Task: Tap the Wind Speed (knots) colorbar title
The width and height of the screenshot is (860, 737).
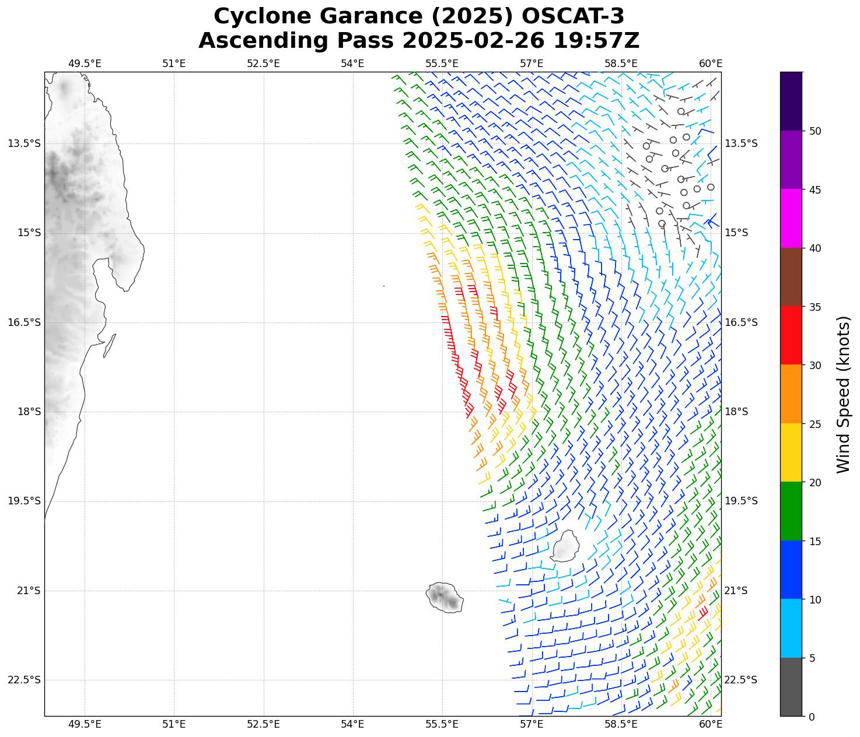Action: pos(843,394)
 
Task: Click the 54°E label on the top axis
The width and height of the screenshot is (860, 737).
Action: pos(352,64)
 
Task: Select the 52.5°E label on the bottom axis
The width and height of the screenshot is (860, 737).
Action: pos(263,724)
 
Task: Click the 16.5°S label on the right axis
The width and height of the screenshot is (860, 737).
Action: pos(741,322)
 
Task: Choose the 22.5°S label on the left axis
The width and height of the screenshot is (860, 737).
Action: pos(25,680)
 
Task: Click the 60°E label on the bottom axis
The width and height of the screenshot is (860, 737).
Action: pos(711,724)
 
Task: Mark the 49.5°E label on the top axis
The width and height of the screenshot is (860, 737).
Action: pos(85,64)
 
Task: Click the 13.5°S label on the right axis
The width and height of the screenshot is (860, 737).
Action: pos(741,143)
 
